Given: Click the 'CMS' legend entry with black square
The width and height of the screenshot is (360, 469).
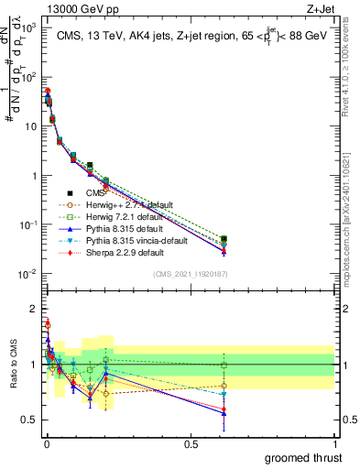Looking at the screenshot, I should (x=96, y=193).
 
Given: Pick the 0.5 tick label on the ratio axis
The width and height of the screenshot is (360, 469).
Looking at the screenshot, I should (x=29, y=420).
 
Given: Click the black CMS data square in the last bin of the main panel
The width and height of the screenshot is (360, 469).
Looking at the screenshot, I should (x=224, y=239).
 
